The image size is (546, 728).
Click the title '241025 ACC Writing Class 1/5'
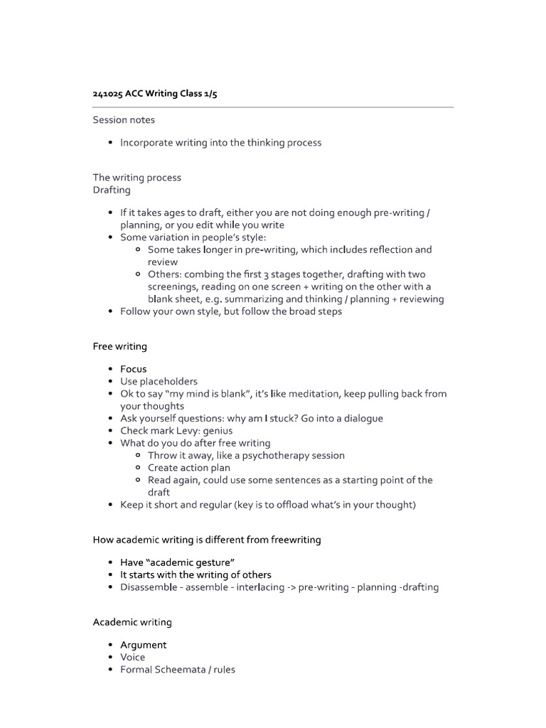155,94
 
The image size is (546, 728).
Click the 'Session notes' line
124,119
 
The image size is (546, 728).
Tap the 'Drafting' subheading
112,190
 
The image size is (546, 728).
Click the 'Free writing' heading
120,346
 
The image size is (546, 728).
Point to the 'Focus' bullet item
134,369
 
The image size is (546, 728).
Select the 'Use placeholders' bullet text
159,381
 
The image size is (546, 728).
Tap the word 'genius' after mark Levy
217,430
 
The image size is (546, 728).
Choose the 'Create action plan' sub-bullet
189,468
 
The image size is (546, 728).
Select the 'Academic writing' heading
132,622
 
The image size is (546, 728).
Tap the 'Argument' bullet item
144,645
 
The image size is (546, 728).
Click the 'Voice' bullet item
133,657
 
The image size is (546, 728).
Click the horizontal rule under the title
273,107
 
